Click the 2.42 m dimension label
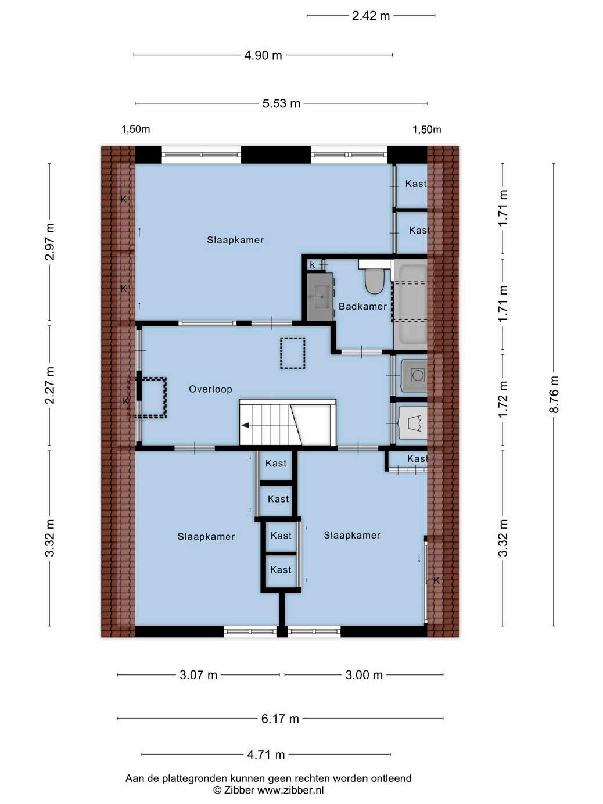pyautogui.click(x=371, y=16)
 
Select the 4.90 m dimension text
pyautogui.click(x=263, y=55)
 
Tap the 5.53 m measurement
pyautogui.click(x=281, y=103)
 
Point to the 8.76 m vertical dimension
pyautogui.click(x=554, y=394)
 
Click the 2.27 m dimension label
pyautogui.click(x=50, y=385)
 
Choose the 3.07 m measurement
pyautogui.click(x=198, y=674)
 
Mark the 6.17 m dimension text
pyautogui.click(x=280, y=719)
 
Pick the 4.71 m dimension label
pyautogui.click(x=266, y=755)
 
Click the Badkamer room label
pyautogui.click(x=362, y=307)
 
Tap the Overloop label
pyautogui.click(x=210, y=389)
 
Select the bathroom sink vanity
pyautogui.click(x=320, y=297)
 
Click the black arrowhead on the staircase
pyautogui.click(x=245, y=425)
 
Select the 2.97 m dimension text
pyautogui.click(x=50, y=242)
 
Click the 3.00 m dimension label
pyautogui.click(x=364, y=674)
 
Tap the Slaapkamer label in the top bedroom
pyautogui.click(x=235, y=241)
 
